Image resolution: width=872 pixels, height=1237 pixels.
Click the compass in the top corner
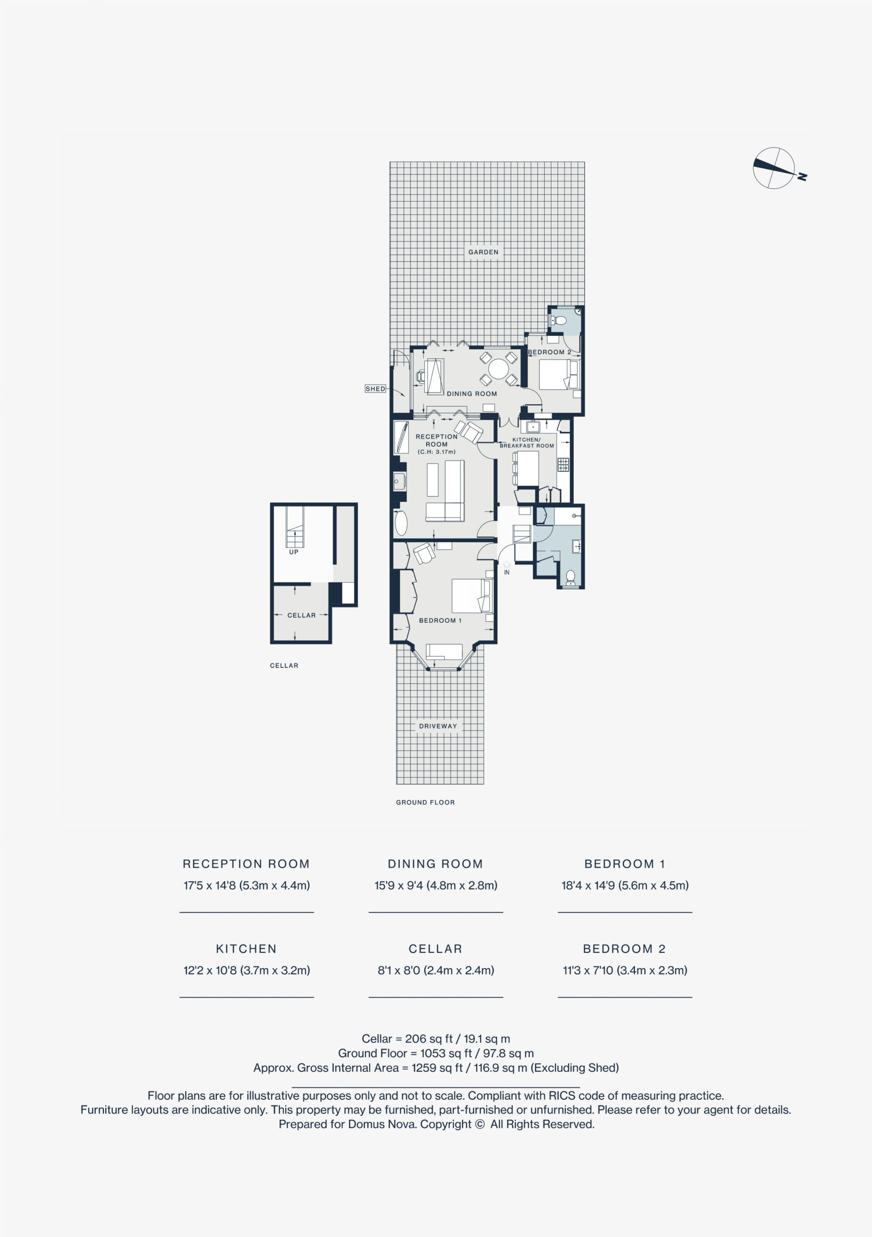point(774,168)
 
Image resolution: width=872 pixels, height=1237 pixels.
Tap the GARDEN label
point(483,252)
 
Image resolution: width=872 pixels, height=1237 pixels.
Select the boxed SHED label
point(375,388)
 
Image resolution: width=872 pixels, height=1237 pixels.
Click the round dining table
point(498,369)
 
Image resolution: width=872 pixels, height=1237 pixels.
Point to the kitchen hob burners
point(563,464)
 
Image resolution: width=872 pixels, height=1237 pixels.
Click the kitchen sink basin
point(533,427)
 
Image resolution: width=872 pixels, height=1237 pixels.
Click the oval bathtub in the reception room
point(401,523)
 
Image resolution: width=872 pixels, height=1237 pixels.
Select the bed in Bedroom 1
point(472,595)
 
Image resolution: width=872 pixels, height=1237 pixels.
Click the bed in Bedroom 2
point(558,374)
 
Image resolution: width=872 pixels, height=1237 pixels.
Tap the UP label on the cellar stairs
point(294,552)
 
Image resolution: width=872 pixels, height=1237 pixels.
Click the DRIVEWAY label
point(437,726)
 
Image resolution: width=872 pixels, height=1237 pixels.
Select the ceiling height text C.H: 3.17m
point(436,452)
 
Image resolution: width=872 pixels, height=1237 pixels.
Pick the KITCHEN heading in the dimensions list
point(246,949)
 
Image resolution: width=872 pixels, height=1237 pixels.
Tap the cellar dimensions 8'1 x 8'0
point(399,970)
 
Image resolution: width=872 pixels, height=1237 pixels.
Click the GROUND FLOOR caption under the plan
point(425,802)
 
